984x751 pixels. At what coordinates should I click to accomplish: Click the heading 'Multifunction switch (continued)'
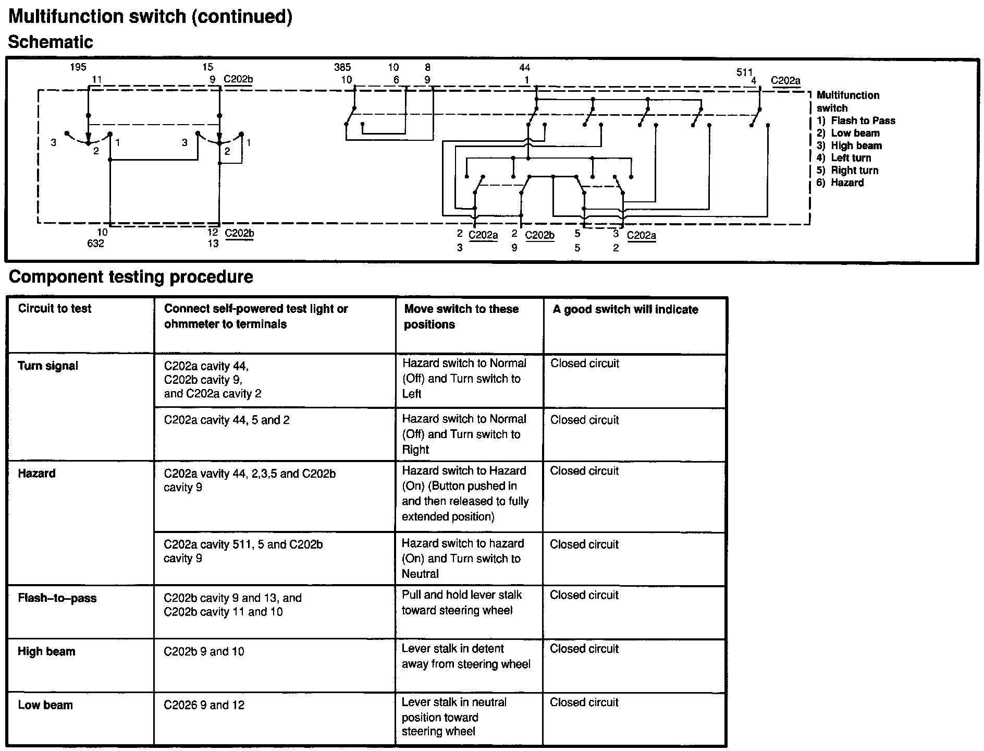[x=150, y=16]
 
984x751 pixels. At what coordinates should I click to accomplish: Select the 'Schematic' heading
[x=51, y=42]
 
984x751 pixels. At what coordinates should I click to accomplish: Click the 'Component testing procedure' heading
[x=131, y=276]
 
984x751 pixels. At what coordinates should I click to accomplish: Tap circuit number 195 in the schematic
[x=78, y=67]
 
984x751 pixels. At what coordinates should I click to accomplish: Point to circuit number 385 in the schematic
[x=342, y=67]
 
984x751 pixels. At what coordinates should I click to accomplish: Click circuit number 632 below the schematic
[x=95, y=244]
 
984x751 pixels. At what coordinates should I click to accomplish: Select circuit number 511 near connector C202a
[x=744, y=72]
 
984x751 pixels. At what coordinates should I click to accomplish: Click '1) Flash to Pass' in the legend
[x=856, y=120]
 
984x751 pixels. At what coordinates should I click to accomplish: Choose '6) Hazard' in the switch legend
[x=840, y=183]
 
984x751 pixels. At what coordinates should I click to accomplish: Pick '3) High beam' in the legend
[x=849, y=146]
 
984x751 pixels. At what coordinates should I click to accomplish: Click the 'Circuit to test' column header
[x=55, y=309]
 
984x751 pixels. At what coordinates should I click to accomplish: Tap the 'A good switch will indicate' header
[x=625, y=310]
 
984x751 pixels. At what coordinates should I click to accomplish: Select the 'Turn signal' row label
[x=48, y=366]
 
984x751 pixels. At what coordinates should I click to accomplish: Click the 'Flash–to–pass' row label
[x=57, y=598]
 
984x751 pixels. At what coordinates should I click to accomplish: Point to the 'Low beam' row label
[x=45, y=705]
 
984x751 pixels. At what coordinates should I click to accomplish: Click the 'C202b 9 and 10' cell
[x=204, y=651]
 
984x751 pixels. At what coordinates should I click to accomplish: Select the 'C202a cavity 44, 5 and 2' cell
[x=227, y=420]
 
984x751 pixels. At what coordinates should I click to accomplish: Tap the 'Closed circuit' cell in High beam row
[x=584, y=649]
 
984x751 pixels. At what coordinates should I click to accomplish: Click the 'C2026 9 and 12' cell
[x=204, y=705]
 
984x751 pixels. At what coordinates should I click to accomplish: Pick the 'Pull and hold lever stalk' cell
[x=462, y=602]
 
